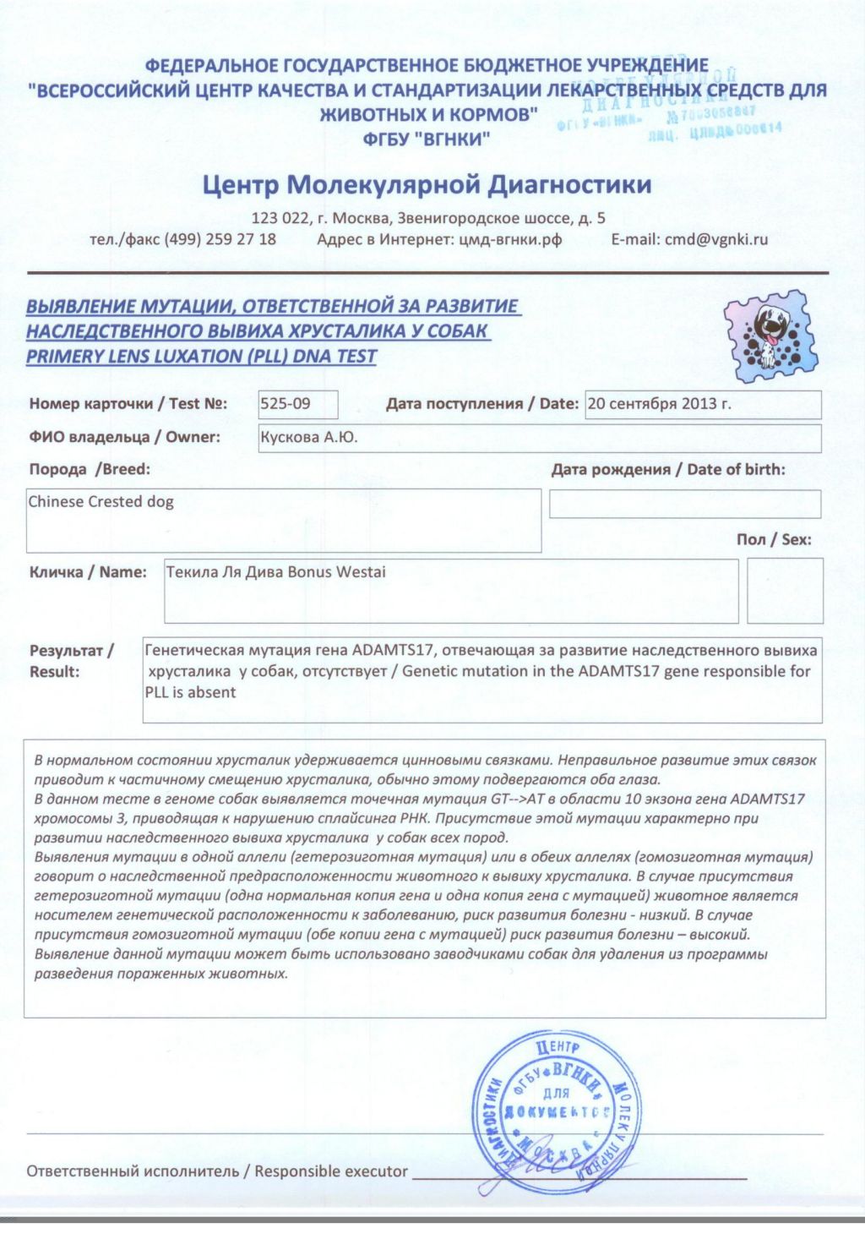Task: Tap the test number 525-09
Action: pos(286,404)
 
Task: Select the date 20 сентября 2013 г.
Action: pos(659,404)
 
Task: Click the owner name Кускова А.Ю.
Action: pos(308,438)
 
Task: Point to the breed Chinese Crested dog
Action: pos(101,502)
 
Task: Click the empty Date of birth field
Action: pos(684,504)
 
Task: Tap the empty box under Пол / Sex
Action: pos(784,590)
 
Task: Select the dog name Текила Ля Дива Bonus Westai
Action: pos(275,572)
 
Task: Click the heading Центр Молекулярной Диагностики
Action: pos(427,184)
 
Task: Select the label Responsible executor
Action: pos(331,1171)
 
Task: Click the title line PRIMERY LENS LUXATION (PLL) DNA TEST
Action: pos(201,357)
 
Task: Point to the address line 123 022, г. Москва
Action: pos(428,218)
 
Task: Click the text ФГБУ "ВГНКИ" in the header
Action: pos(427,139)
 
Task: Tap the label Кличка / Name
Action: pos(88,572)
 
